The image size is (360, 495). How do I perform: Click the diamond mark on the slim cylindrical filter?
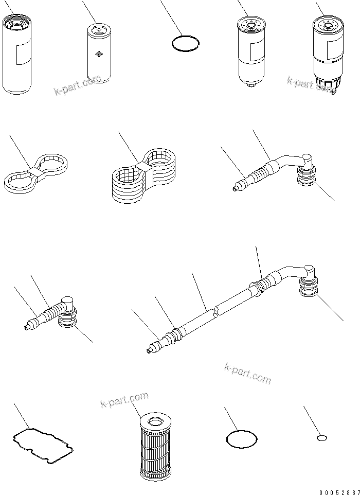tap(99, 55)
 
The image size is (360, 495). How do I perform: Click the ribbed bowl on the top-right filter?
tap(326, 84)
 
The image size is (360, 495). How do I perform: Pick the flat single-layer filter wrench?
tap(36, 172)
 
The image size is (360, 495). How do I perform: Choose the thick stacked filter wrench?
tap(143, 175)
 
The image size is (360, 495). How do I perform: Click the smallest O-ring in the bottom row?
tap(321, 438)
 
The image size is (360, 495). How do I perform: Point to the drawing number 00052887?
tap(339, 492)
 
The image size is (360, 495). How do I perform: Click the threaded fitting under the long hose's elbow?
tap(308, 286)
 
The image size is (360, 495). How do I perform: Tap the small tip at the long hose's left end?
tap(149, 351)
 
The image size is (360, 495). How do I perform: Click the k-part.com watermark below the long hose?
tap(248, 374)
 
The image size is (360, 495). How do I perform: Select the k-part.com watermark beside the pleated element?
tap(124, 399)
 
